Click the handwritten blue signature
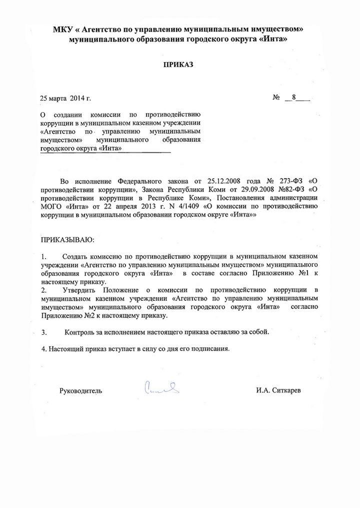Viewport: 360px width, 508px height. pyautogui.click(x=161, y=387)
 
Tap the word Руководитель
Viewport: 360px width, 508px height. pyautogui.click(x=80, y=391)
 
